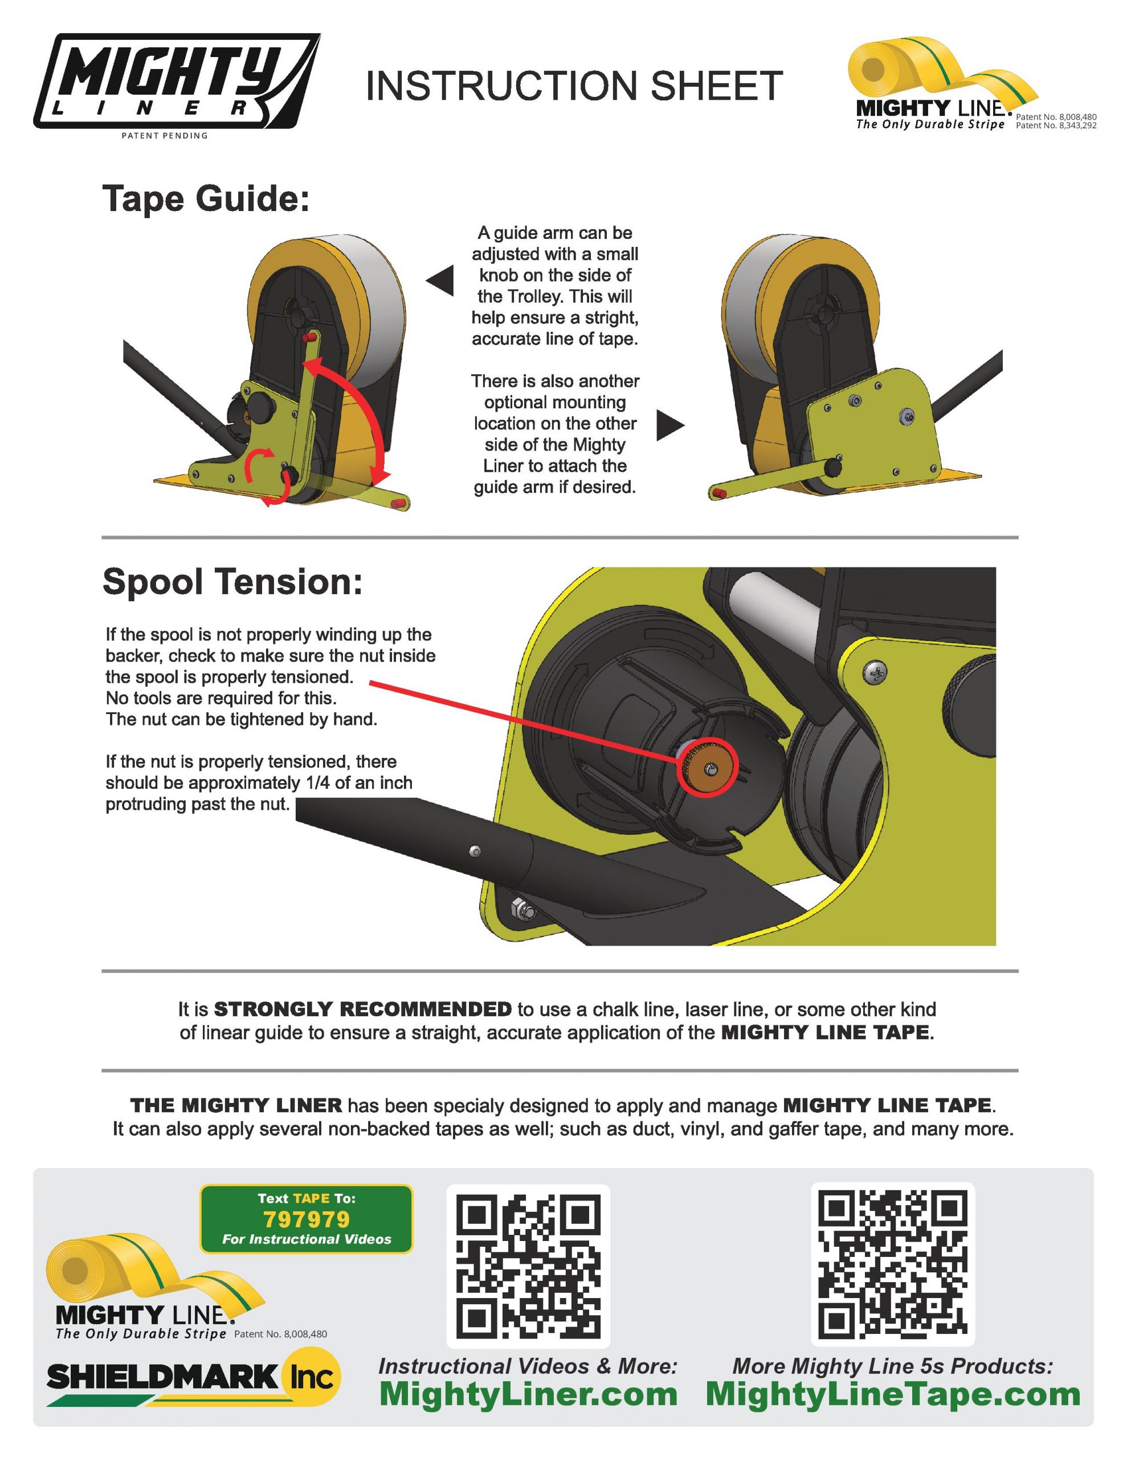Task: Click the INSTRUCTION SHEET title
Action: click(x=574, y=86)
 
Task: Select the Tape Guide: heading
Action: click(x=206, y=198)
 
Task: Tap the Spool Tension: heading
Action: click(x=232, y=582)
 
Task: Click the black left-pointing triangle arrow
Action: click(x=441, y=280)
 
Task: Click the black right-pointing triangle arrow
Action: click(x=670, y=425)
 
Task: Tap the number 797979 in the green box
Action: click(x=307, y=1219)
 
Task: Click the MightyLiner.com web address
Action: click(x=528, y=1394)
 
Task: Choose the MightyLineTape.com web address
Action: click(x=893, y=1394)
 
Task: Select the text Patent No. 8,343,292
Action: click(x=1056, y=125)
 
